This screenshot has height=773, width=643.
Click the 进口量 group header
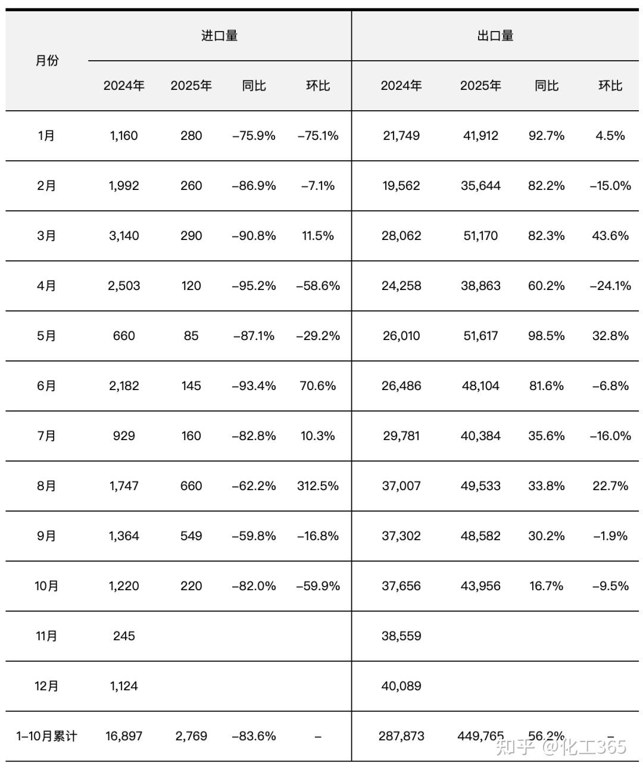219,36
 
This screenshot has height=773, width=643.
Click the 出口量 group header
495,36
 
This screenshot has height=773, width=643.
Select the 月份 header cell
47,61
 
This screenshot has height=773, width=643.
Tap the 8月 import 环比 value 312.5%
317,486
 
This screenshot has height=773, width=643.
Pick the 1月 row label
46,136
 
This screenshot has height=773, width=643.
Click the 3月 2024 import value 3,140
124,236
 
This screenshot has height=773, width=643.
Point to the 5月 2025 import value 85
191,336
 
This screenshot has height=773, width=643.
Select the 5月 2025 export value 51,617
480,336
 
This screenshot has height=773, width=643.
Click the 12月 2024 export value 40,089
401,686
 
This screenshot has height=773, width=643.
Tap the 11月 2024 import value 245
124,636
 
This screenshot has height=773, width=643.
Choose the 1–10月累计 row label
46,736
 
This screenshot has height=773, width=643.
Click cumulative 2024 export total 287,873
401,736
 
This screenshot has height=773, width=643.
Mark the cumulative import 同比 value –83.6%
254,736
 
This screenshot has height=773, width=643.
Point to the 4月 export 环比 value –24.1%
610,286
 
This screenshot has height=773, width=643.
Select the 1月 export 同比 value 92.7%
546,136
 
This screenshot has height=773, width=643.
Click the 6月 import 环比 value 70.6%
317,386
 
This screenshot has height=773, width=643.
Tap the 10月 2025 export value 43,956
480,586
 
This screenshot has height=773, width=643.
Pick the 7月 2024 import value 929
124,436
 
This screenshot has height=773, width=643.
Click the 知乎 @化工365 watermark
561,747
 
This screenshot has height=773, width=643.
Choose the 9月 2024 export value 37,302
401,536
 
